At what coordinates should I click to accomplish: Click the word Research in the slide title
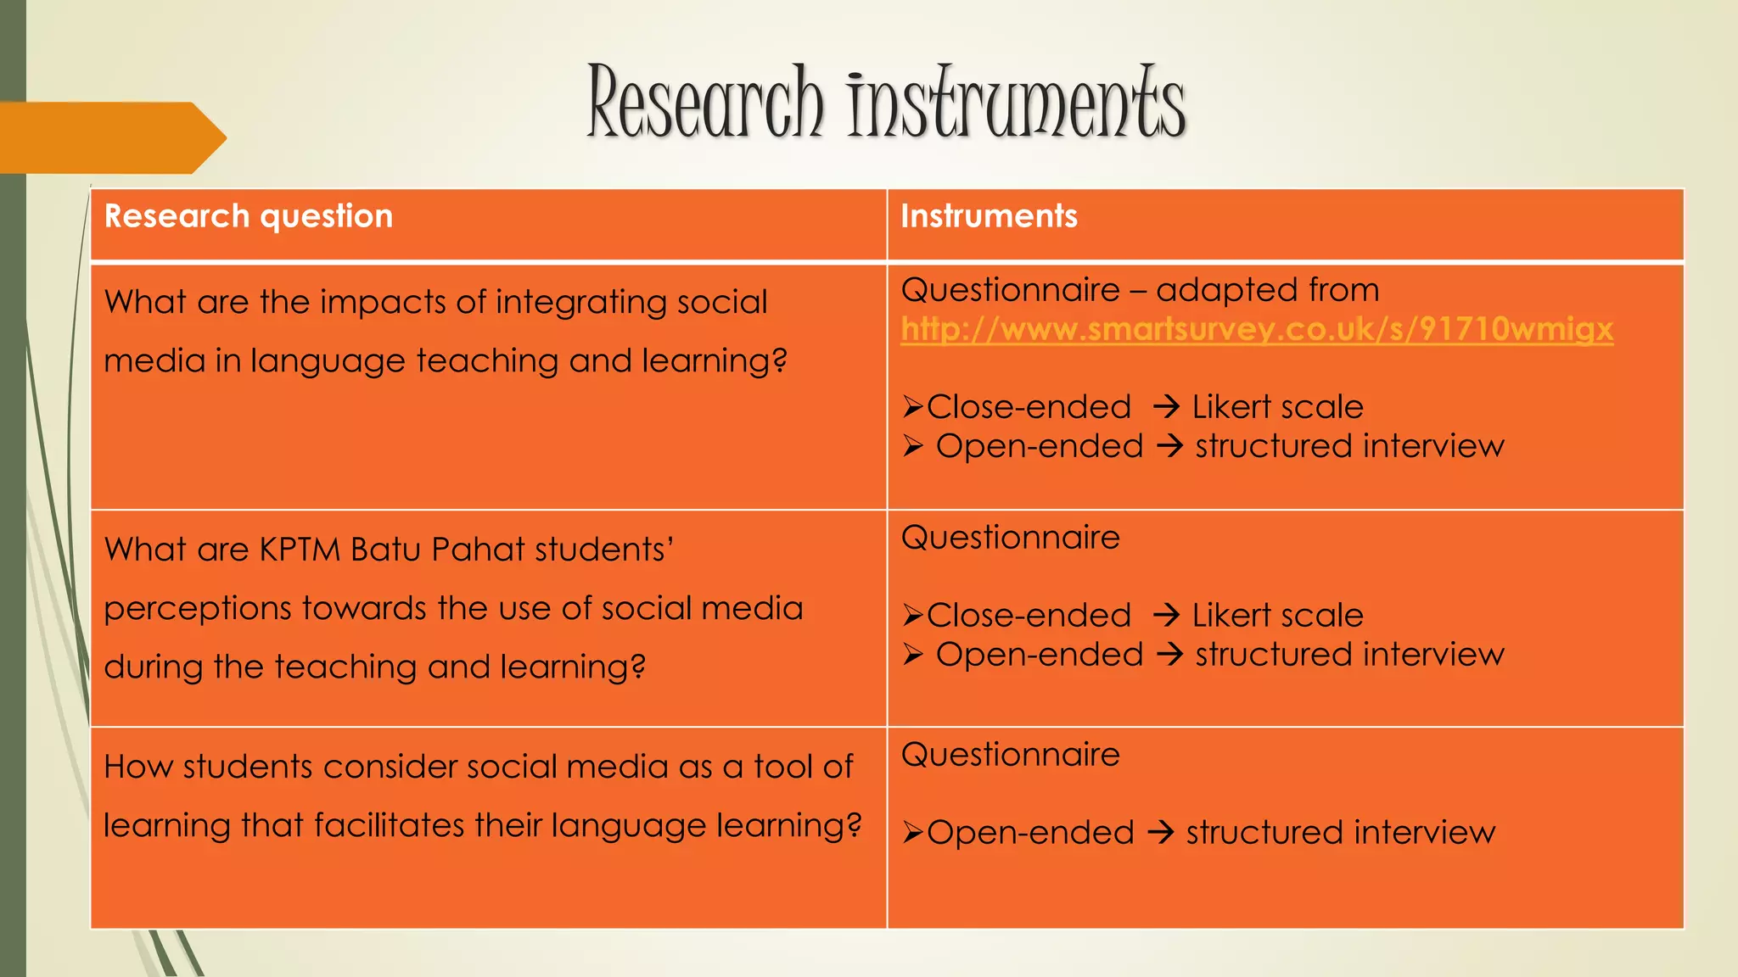tap(704, 103)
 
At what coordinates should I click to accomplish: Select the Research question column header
tap(249, 216)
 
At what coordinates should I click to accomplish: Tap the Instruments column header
tap(989, 216)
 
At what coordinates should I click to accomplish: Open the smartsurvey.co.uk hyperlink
tap(1257, 329)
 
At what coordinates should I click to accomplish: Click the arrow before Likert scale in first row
tap(1167, 407)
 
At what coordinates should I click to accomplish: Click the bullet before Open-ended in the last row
tap(912, 833)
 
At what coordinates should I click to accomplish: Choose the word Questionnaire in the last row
tap(1010, 755)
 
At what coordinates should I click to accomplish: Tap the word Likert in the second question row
tap(1227, 616)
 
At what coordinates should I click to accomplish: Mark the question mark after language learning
tap(854, 825)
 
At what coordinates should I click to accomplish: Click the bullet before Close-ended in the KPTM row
tap(912, 616)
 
